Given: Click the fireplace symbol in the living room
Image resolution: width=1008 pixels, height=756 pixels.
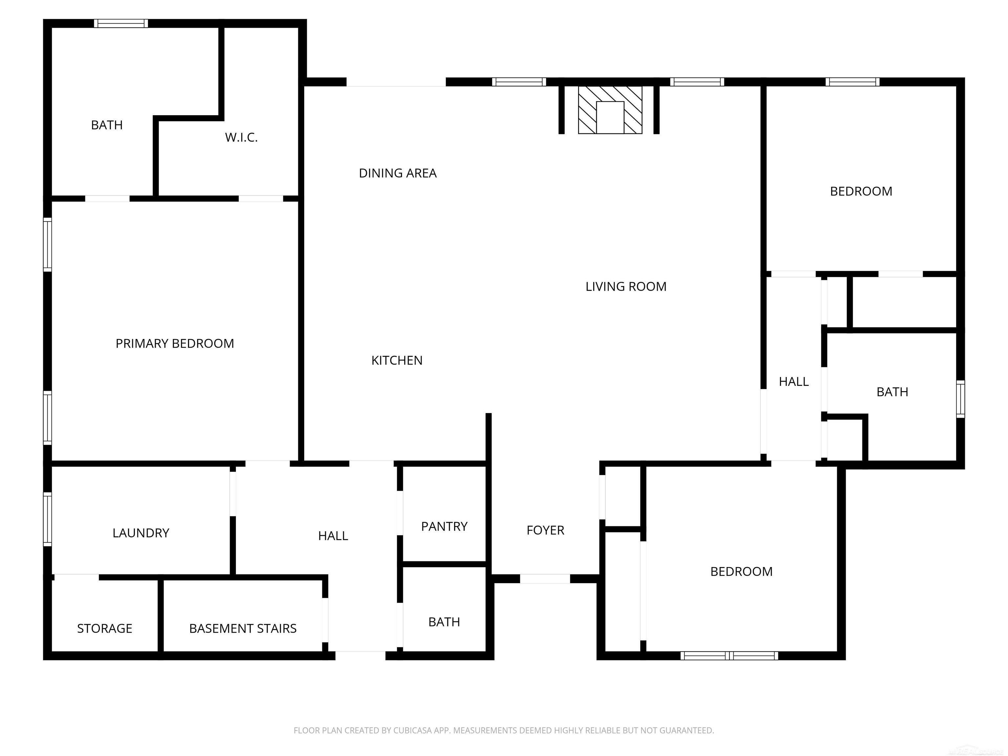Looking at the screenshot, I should point(610,110).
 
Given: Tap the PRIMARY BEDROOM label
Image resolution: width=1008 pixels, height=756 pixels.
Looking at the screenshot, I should point(175,344).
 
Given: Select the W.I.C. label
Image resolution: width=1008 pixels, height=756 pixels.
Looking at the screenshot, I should point(241,137).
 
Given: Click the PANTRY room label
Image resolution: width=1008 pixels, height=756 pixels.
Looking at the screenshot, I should point(444,527).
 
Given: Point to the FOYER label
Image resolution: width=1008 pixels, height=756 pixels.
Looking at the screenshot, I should point(545,531).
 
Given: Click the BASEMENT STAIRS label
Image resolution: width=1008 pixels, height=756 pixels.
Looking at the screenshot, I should point(242,629).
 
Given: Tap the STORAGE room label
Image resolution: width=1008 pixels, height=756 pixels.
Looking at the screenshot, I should point(104,629).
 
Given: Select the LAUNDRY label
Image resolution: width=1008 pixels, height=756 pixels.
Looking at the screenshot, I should point(141,533).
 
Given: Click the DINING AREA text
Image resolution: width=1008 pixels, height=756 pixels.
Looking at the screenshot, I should point(397,174).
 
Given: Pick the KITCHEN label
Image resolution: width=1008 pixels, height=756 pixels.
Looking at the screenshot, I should point(396,361).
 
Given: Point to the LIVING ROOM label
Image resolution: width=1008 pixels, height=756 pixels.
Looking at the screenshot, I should point(626,287).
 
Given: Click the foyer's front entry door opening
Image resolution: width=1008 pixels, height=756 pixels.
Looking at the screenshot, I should point(545,579).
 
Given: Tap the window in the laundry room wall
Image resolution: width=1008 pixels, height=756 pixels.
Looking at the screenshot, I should point(47,519).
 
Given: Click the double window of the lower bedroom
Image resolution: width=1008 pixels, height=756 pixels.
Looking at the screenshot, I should point(729,656).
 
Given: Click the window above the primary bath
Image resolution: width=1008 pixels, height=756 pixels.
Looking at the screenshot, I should point(121,23).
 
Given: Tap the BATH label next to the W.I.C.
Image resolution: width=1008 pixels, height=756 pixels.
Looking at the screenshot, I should point(107,125).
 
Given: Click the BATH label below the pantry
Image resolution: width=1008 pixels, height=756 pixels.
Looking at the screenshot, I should point(444,622).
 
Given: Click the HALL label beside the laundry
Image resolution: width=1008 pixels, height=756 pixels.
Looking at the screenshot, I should point(333,536).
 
